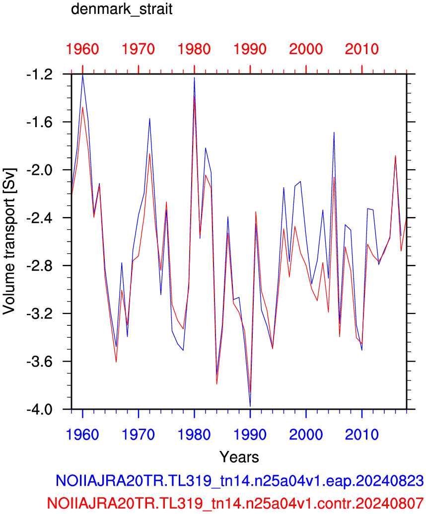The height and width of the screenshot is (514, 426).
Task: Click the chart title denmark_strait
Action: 122,9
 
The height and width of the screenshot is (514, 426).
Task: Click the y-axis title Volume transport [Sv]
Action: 9,241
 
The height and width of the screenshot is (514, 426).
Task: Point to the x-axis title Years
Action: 239,456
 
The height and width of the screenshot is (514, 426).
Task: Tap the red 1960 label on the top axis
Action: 82,49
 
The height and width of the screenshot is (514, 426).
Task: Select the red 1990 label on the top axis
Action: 250,49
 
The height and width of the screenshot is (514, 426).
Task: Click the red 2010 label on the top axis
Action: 362,49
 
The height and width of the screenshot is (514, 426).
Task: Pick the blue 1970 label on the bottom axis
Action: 139,435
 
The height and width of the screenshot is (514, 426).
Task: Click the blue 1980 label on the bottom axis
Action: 194,435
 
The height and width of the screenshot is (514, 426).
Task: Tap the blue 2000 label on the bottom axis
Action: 306,435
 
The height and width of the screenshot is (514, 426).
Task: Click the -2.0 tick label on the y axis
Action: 39,170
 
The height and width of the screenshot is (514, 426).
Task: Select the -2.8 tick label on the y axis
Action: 39,266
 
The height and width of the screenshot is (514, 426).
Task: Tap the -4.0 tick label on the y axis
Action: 39,409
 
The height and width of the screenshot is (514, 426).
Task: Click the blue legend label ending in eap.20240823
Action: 239,481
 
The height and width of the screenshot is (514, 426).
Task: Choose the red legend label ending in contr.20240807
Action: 235,503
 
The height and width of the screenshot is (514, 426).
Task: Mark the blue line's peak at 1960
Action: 82,75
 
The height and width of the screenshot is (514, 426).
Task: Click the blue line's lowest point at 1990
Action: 250,406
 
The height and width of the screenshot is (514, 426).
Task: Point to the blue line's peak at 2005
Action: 334,132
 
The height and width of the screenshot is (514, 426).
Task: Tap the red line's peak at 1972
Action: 149,154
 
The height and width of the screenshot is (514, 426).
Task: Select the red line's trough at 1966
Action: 116,362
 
